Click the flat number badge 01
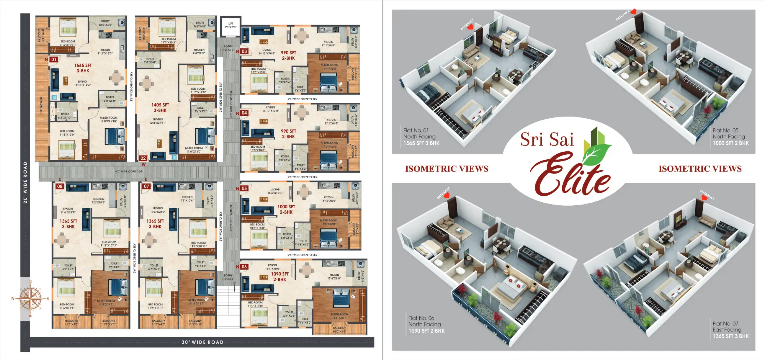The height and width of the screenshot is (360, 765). coord(53,59)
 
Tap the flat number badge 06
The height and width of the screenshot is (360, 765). coord(244,266)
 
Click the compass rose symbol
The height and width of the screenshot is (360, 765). coord(30,298)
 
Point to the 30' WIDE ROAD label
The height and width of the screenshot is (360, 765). coord(202,342)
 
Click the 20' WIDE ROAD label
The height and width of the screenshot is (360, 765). coord(25,182)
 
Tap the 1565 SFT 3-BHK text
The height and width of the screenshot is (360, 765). coord(83,68)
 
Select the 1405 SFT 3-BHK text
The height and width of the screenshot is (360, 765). coord(160,107)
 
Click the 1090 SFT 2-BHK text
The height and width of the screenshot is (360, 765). coord(279,276)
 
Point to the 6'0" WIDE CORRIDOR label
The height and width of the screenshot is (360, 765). coord(129,171)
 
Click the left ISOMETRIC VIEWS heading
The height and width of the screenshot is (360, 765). coord(447,169)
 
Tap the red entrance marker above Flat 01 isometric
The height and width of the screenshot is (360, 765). coord(471,27)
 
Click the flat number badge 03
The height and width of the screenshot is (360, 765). coord(244,51)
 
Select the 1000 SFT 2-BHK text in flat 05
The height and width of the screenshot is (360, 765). coord(286,209)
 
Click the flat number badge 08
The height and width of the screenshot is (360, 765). coord(60,186)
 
